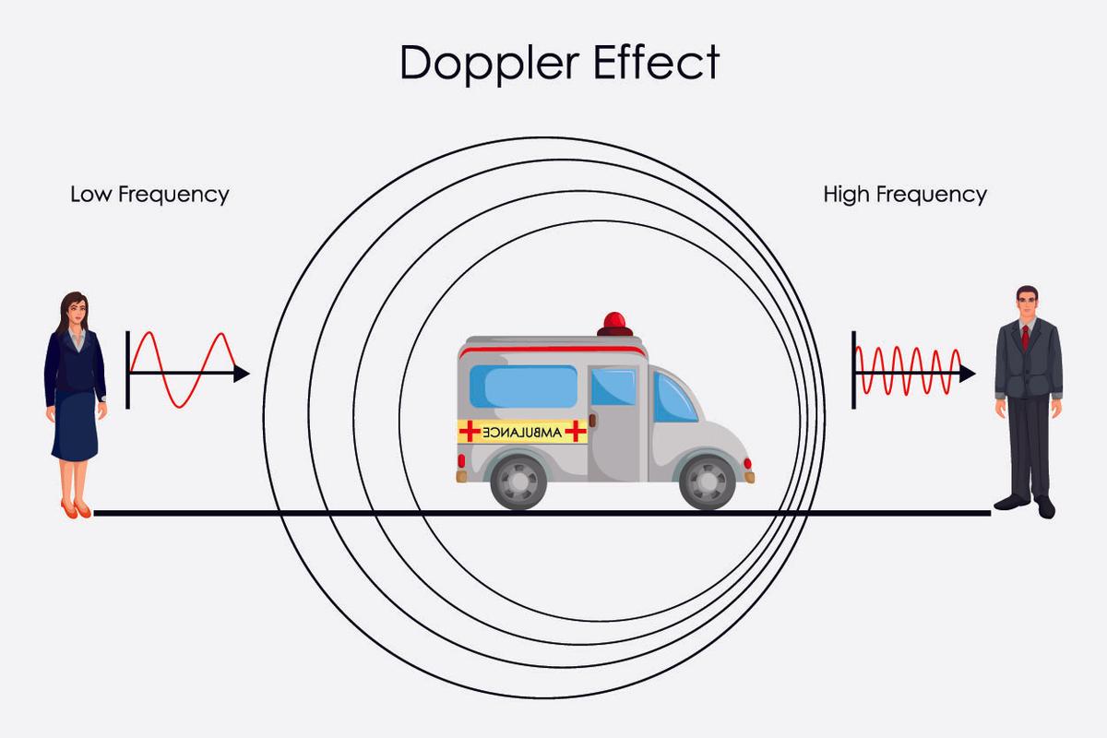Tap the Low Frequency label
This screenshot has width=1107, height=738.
click(x=149, y=195)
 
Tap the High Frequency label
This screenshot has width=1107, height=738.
click(x=905, y=195)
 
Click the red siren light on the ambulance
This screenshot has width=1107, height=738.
click(x=614, y=324)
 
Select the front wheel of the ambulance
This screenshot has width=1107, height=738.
click(x=708, y=481)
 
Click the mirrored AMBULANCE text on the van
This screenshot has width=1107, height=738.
click(x=523, y=431)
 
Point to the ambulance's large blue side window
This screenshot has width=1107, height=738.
click(x=523, y=388)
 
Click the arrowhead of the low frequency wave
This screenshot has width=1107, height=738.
click(x=242, y=374)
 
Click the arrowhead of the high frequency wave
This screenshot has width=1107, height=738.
click(x=968, y=374)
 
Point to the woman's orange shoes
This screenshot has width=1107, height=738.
click(x=76, y=509)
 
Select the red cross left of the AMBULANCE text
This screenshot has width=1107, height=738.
click(x=470, y=431)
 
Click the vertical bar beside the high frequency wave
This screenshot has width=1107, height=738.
click(x=853, y=369)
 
